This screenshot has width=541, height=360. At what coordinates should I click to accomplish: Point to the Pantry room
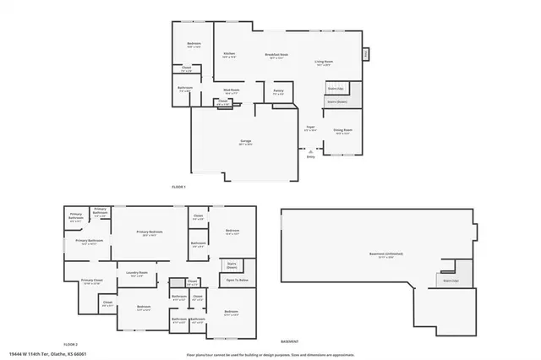coord(278,91)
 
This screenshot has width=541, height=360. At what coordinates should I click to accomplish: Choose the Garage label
coord(245,142)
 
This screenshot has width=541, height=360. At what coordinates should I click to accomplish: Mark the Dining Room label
coord(342,131)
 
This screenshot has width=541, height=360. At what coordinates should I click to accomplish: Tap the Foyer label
coord(310,128)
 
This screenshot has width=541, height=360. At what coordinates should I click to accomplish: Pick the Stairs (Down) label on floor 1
coord(336,102)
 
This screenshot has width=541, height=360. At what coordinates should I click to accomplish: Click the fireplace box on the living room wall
coord(366,54)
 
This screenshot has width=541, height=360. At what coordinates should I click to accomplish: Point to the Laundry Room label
coord(138,273)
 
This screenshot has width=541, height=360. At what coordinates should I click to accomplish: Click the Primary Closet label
coord(91,281)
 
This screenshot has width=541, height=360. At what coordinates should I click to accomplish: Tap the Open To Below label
coord(237,279)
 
